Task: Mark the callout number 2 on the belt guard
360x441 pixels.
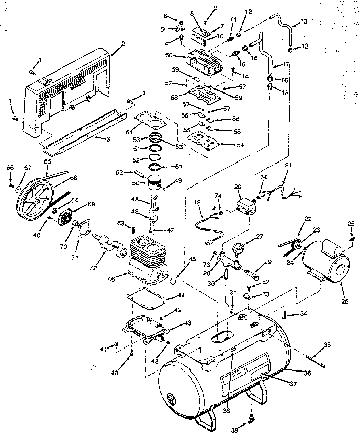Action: tap(123, 44)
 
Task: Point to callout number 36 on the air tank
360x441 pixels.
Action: tap(307, 374)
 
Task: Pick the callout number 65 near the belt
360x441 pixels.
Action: tap(48, 161)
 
